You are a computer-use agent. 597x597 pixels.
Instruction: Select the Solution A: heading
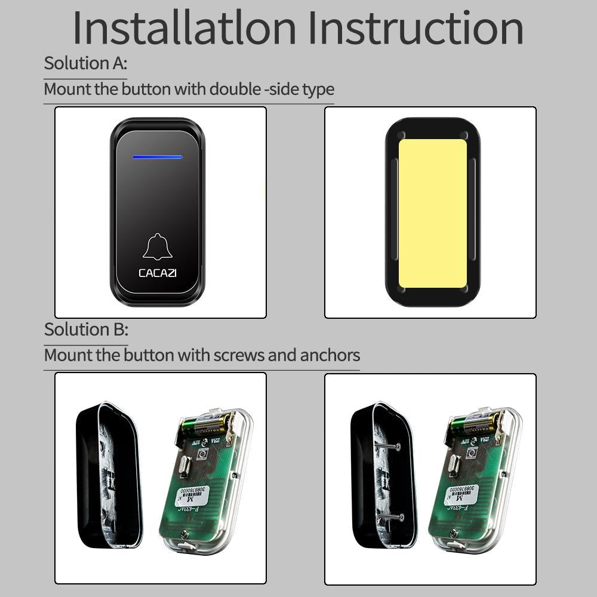[x=85, y=63]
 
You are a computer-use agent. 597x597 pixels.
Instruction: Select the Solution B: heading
[x=86, y=330]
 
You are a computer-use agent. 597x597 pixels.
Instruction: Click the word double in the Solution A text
[x=235, y=90]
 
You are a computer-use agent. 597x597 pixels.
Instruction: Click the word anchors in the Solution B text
[x=330, y=355]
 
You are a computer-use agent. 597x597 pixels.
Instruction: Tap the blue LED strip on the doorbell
[x=158, y=158]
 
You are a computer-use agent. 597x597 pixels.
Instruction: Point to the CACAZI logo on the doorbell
[x=158, y=273]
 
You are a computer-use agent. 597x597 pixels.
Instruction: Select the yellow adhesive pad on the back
[x=432, y=213]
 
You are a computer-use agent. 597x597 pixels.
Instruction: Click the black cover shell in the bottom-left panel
[x=107, y=475]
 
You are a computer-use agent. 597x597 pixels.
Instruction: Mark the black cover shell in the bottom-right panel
[x=376, y=475]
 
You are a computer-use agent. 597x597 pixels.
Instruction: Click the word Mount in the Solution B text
[x=68, y=355]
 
